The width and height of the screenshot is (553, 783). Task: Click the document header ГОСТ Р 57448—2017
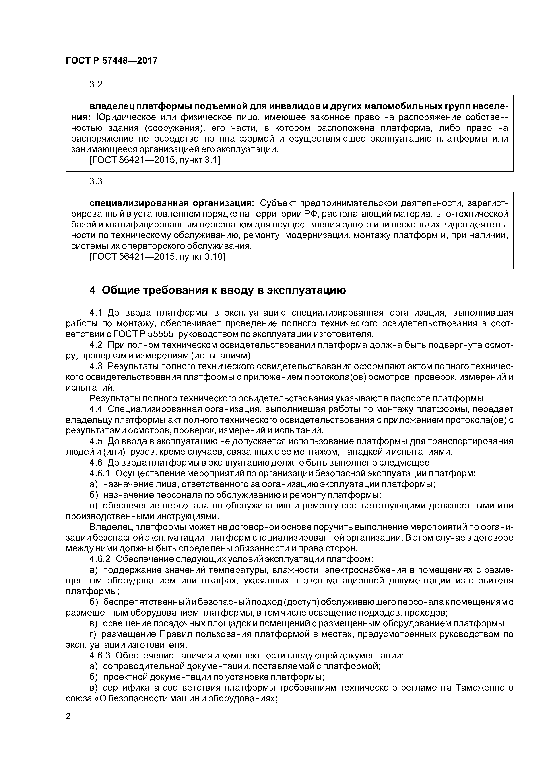pos(111,61)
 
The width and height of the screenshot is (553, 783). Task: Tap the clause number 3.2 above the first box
pos(96,84)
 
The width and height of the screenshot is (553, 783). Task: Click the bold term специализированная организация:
pos(172,203)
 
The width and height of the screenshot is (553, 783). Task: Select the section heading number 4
pos(92,290)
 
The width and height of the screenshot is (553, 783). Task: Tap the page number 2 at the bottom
pos(68,716)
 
